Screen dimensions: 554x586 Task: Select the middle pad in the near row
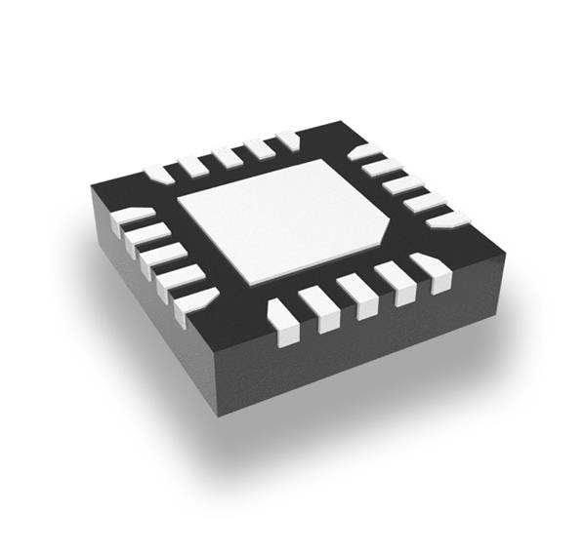pos(356,295)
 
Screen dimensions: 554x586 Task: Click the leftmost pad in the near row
pos(281,324)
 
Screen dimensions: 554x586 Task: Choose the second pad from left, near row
pos(319,309)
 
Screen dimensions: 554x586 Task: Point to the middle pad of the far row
pos(227,156)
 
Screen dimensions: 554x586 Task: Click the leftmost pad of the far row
pos(159,175)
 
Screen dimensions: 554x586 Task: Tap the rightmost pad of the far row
pos(288,139)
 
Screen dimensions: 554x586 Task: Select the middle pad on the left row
pos(161,257)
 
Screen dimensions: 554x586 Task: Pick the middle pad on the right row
pos(402,184)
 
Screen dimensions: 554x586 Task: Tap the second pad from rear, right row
pos(382,167)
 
